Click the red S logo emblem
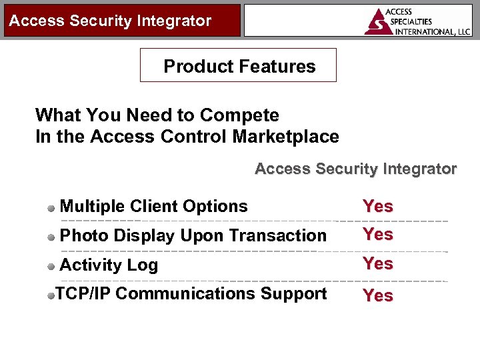[x=379, y=21]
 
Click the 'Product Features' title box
[x=239, y=66]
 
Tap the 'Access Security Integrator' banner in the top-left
[x=110, y=21]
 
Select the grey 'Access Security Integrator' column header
[x=355, y=169]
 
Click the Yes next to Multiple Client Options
[x=378, y=207]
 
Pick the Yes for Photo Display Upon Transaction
[x=378, y=235]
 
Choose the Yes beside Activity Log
[x=378, y=264]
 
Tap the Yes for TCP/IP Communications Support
[x=378, y=295]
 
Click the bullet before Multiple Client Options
[x=52, y=208]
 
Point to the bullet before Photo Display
[x=52, y=237]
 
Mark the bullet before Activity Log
[x=52, y=266]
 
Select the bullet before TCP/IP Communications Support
[x=51, y=295]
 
